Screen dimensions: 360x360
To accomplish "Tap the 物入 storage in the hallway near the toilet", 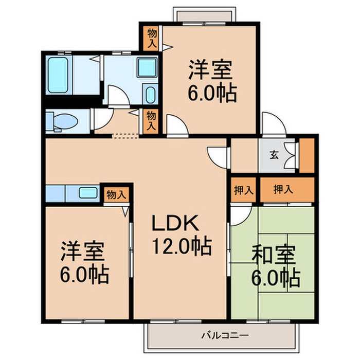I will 151,121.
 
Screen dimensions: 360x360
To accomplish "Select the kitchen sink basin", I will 88,193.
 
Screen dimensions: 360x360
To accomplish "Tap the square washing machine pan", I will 147,67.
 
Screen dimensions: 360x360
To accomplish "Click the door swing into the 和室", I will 238,216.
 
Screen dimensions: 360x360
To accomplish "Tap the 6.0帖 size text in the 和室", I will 276,278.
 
